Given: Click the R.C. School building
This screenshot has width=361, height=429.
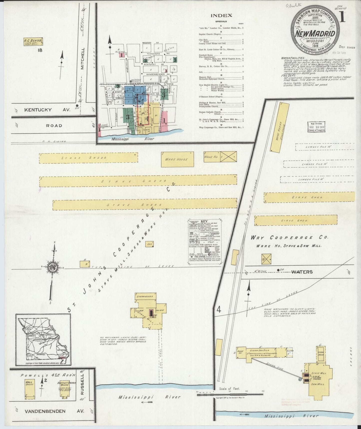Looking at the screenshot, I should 33,41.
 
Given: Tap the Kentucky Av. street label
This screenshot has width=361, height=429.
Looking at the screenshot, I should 38,110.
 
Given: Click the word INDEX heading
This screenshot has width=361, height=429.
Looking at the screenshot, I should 221,16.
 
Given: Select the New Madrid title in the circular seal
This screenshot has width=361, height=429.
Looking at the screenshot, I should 316,34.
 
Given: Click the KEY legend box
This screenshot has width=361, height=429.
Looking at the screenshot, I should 205,242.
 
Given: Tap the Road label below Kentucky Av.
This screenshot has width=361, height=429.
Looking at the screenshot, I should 54,125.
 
